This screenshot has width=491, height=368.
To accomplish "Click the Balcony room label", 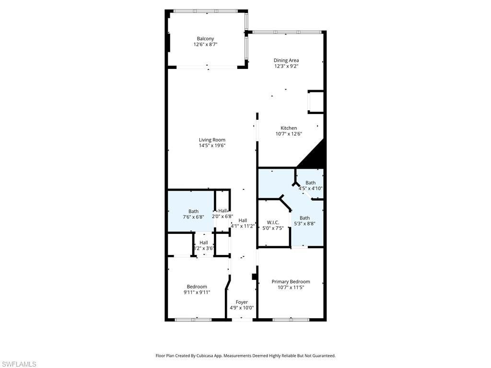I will point(205,39).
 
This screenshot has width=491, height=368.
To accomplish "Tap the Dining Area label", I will point(286,60).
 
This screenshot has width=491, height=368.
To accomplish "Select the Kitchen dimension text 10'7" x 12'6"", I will point(289,134).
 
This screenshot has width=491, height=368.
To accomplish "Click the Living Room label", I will point(212,140).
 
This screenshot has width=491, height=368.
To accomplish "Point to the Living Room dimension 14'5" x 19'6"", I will point(212,146).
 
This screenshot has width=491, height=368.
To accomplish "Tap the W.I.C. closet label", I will point(273,222).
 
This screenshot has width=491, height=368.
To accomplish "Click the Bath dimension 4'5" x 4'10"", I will point(310,188).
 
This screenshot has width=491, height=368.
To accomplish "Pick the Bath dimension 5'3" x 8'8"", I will point(304,223).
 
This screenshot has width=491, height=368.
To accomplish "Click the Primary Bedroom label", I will point(291,282).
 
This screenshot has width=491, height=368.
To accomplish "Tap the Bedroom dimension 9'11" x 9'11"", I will point(197,292).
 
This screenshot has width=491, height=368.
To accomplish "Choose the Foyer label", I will point(242,302).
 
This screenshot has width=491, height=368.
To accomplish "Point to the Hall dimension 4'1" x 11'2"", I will point(243,226).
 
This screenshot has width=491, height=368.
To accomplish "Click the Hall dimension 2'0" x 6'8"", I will point(222,216).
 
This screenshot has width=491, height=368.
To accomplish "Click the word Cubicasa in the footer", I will point(205,356).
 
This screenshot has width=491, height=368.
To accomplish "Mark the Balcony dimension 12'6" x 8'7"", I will point(205,45).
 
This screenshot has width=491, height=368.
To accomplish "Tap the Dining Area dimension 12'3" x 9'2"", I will point(286,66).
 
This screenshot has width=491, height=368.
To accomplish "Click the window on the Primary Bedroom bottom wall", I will point(291,319).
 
